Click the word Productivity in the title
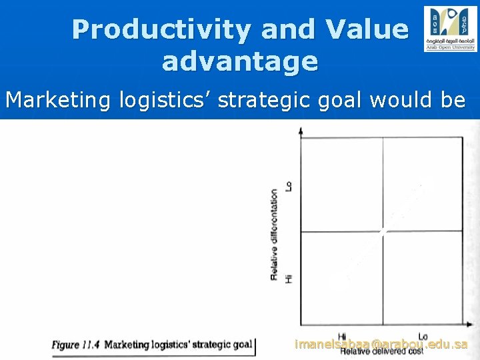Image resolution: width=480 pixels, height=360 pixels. click(161, 29)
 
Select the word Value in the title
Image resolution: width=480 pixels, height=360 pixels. click(366, 29)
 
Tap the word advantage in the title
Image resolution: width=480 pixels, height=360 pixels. click(240, 61)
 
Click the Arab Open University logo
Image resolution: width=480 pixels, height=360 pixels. click(450, 29)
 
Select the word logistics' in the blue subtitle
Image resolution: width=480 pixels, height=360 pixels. click(158, 100)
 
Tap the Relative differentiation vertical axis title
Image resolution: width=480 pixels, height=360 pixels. click(274, 233)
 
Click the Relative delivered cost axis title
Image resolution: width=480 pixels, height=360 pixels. click(382, 351)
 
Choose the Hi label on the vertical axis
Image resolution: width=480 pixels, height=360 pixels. click(289, 277)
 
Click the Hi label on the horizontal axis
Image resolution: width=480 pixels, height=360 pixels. click(342, 336)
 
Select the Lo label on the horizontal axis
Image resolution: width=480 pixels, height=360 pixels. click(423, 336)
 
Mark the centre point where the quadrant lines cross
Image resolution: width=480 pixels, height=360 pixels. click(382, 231)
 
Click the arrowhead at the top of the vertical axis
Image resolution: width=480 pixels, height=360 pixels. click(302, 130)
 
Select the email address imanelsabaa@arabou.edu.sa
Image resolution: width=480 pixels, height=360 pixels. click(381, 344)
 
